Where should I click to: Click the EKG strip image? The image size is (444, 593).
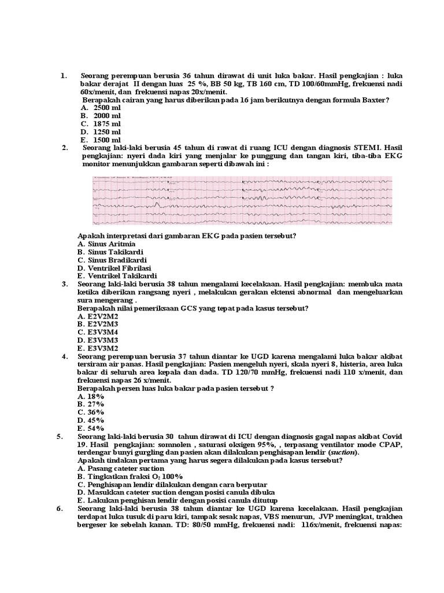242,201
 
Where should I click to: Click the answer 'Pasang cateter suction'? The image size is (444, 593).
125,468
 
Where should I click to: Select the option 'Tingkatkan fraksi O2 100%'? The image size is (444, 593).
134,476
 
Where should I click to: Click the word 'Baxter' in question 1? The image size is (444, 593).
375,100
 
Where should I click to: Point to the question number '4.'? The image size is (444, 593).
65,356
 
